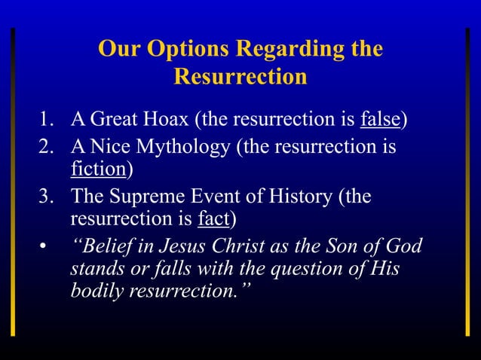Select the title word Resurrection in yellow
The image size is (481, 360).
point(240,77)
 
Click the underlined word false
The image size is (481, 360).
point(381,120)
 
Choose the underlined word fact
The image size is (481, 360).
point(213,219)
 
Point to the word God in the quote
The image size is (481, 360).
point(402,247)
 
